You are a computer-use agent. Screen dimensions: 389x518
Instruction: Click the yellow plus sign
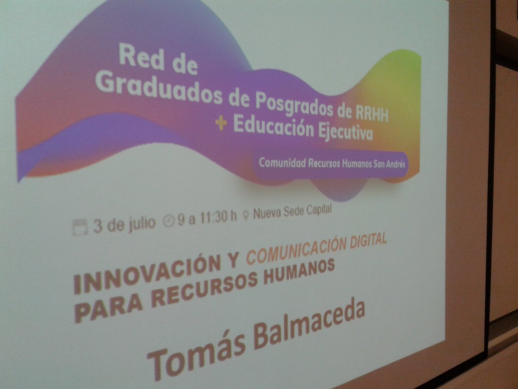point(221,124)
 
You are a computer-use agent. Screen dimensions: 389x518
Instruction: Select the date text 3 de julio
point(124,224)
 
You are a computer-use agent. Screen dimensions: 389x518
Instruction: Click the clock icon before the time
point(169,221)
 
